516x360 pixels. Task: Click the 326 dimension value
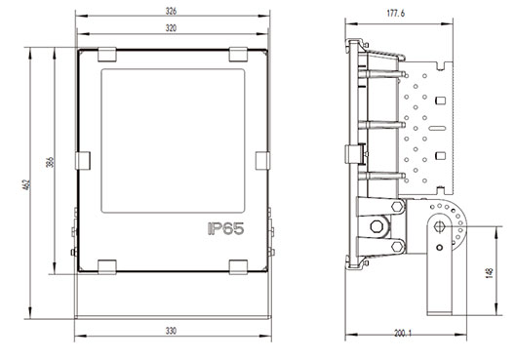171,11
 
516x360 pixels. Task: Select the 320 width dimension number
171,28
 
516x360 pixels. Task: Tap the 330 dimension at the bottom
171,331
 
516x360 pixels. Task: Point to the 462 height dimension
27,184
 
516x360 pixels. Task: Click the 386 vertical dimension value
50,162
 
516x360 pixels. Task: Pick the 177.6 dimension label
396,13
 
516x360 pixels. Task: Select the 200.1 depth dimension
403,333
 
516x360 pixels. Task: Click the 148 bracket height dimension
490,273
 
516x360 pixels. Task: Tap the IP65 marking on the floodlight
226,228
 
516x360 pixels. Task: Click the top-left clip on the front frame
107,55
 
